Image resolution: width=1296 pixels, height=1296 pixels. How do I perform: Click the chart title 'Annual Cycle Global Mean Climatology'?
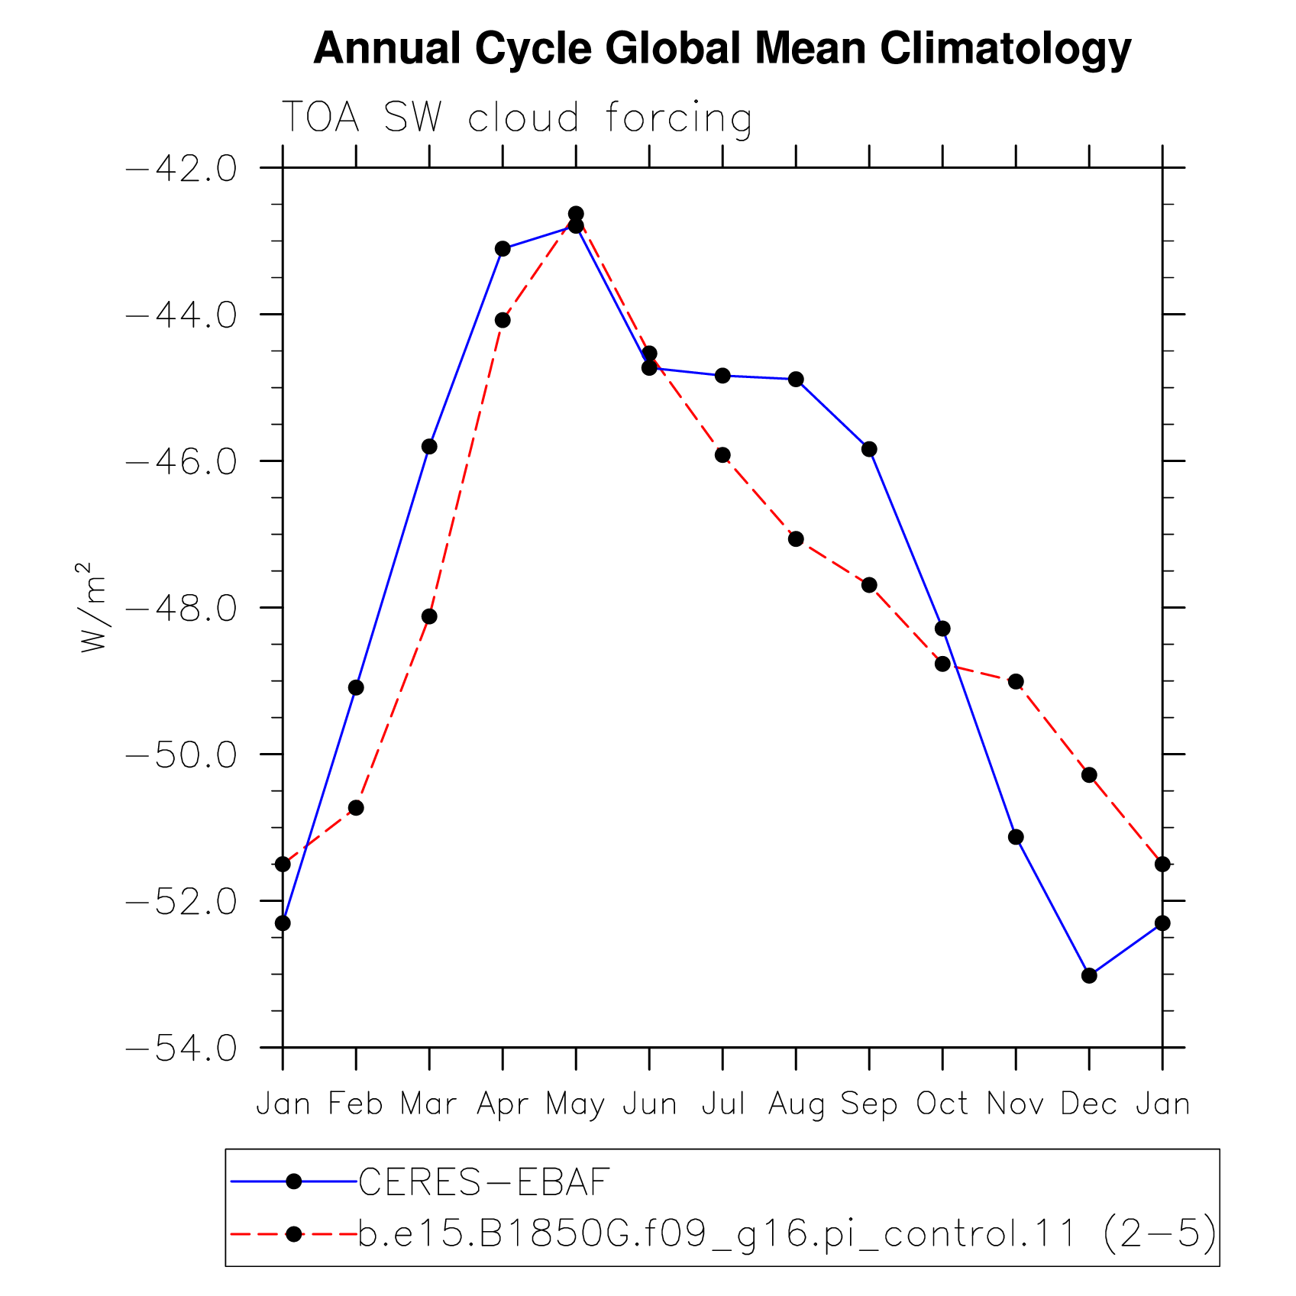point(722,49)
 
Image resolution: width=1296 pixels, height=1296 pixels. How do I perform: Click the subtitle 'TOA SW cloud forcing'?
point(517,118)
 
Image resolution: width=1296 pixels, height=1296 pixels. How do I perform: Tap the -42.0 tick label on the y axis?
point(180,168)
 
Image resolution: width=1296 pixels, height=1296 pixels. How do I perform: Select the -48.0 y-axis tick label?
point(180,608)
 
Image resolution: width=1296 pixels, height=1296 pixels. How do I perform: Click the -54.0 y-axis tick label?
point(180,1049)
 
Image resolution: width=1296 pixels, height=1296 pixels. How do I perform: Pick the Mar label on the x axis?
point(429,1104)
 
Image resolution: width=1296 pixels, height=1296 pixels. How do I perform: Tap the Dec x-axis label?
point(1089,1104)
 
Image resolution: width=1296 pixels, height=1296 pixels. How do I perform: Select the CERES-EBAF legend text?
point(484,1182)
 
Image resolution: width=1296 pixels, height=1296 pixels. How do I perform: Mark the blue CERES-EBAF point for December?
point(1089,975)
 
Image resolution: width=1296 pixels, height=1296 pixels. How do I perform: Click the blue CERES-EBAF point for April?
point(503,249)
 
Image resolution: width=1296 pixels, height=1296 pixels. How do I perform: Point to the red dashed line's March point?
point(429,616)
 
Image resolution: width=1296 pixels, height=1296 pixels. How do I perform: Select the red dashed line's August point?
point(796,539)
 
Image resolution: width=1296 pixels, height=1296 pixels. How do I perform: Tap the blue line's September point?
point(869,449)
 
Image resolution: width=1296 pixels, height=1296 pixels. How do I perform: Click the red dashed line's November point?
point(1016,681)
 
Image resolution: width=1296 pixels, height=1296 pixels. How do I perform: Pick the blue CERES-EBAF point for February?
point(356,687)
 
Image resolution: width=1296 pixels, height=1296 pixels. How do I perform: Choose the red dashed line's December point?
point(1089,775)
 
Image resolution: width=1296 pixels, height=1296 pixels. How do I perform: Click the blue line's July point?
point(722,376)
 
